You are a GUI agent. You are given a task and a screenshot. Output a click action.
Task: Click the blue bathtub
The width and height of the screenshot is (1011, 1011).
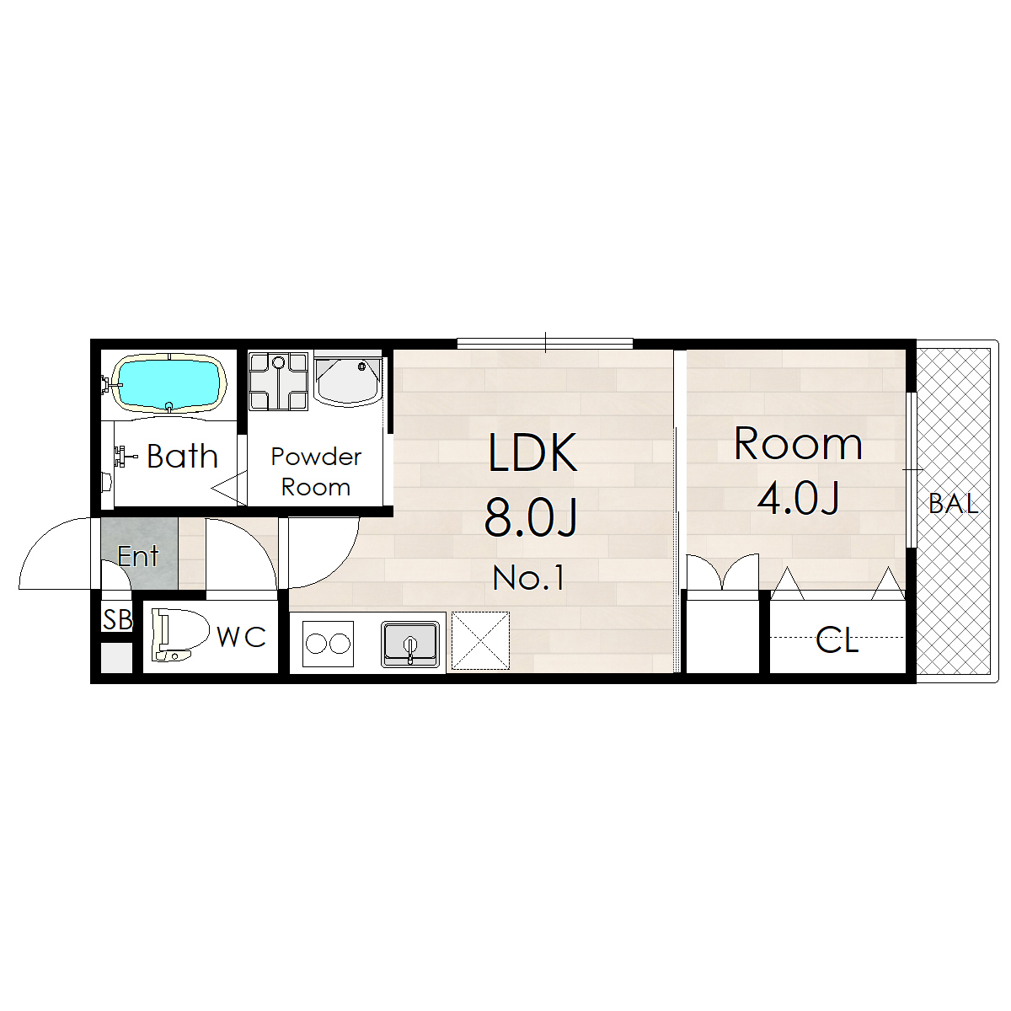point(169,383)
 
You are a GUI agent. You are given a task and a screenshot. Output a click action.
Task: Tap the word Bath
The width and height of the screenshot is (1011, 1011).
point(182,456)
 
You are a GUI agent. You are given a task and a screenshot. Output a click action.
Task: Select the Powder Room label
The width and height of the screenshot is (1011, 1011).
point(316,472)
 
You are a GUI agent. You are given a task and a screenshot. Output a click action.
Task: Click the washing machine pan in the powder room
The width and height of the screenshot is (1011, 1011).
point(278,382)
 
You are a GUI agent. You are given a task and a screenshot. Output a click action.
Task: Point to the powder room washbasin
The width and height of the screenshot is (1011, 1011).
point(348,382)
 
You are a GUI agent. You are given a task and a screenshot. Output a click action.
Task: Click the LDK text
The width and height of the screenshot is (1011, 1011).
point(532,452)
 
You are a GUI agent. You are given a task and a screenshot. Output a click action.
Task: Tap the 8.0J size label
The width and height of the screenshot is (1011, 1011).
point(531,517)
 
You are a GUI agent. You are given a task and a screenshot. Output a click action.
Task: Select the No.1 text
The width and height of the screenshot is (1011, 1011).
point(529,578)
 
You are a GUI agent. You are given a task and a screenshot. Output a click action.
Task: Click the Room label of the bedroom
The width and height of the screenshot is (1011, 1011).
point(798,444)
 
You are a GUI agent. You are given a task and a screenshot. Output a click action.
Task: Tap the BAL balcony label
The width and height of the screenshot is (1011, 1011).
point(953,504)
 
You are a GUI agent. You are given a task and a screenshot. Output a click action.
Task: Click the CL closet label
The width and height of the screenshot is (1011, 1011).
point(837,640)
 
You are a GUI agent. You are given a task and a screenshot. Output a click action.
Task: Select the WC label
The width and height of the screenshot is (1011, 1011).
point(241,637)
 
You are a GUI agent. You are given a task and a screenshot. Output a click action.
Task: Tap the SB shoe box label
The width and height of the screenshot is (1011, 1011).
point(117,619)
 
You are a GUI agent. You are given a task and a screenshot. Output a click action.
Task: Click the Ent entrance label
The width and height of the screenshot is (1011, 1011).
point(138,556)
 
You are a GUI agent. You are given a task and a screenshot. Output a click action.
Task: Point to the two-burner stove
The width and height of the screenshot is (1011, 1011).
point(328,643)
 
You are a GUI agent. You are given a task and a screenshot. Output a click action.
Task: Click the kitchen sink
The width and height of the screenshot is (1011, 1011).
point(410,645)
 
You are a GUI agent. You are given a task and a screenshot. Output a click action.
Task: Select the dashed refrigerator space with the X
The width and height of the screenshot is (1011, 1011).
point(480,640)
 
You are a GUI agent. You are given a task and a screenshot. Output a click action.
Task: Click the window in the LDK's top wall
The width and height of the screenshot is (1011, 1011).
point(545,344)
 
